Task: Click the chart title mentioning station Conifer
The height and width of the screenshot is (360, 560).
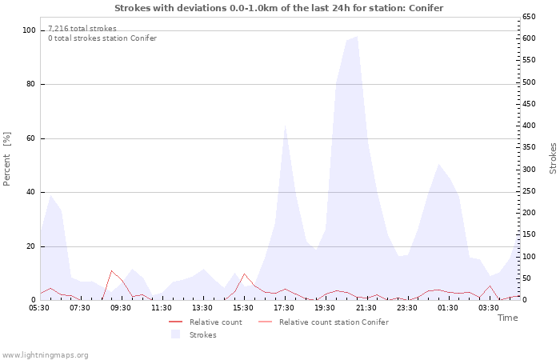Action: coord(278,8)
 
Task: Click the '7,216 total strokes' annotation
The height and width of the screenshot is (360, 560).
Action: coord(82,29)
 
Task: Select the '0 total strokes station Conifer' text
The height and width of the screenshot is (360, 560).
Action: coord(102,38)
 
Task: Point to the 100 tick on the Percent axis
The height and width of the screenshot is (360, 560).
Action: coord(30,30)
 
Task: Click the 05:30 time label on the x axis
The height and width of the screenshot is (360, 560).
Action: coord(40,308)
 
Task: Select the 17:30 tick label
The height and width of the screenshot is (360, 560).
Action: coord(284,308)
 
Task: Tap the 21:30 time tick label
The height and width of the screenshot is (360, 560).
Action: coord(366,308)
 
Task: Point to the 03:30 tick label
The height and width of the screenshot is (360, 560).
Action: coord(488,308)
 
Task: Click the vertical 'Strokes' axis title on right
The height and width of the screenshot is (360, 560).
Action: coord(553,158)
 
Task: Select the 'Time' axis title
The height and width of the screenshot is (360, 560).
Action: coord(507,318)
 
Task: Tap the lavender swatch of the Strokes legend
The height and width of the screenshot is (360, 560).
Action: coord(175,334)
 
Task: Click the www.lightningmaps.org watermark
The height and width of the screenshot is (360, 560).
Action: coord(45,354)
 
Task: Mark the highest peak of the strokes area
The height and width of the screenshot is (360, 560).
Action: coord(356,36)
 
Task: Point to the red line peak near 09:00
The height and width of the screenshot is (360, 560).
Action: coord(112,270)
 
